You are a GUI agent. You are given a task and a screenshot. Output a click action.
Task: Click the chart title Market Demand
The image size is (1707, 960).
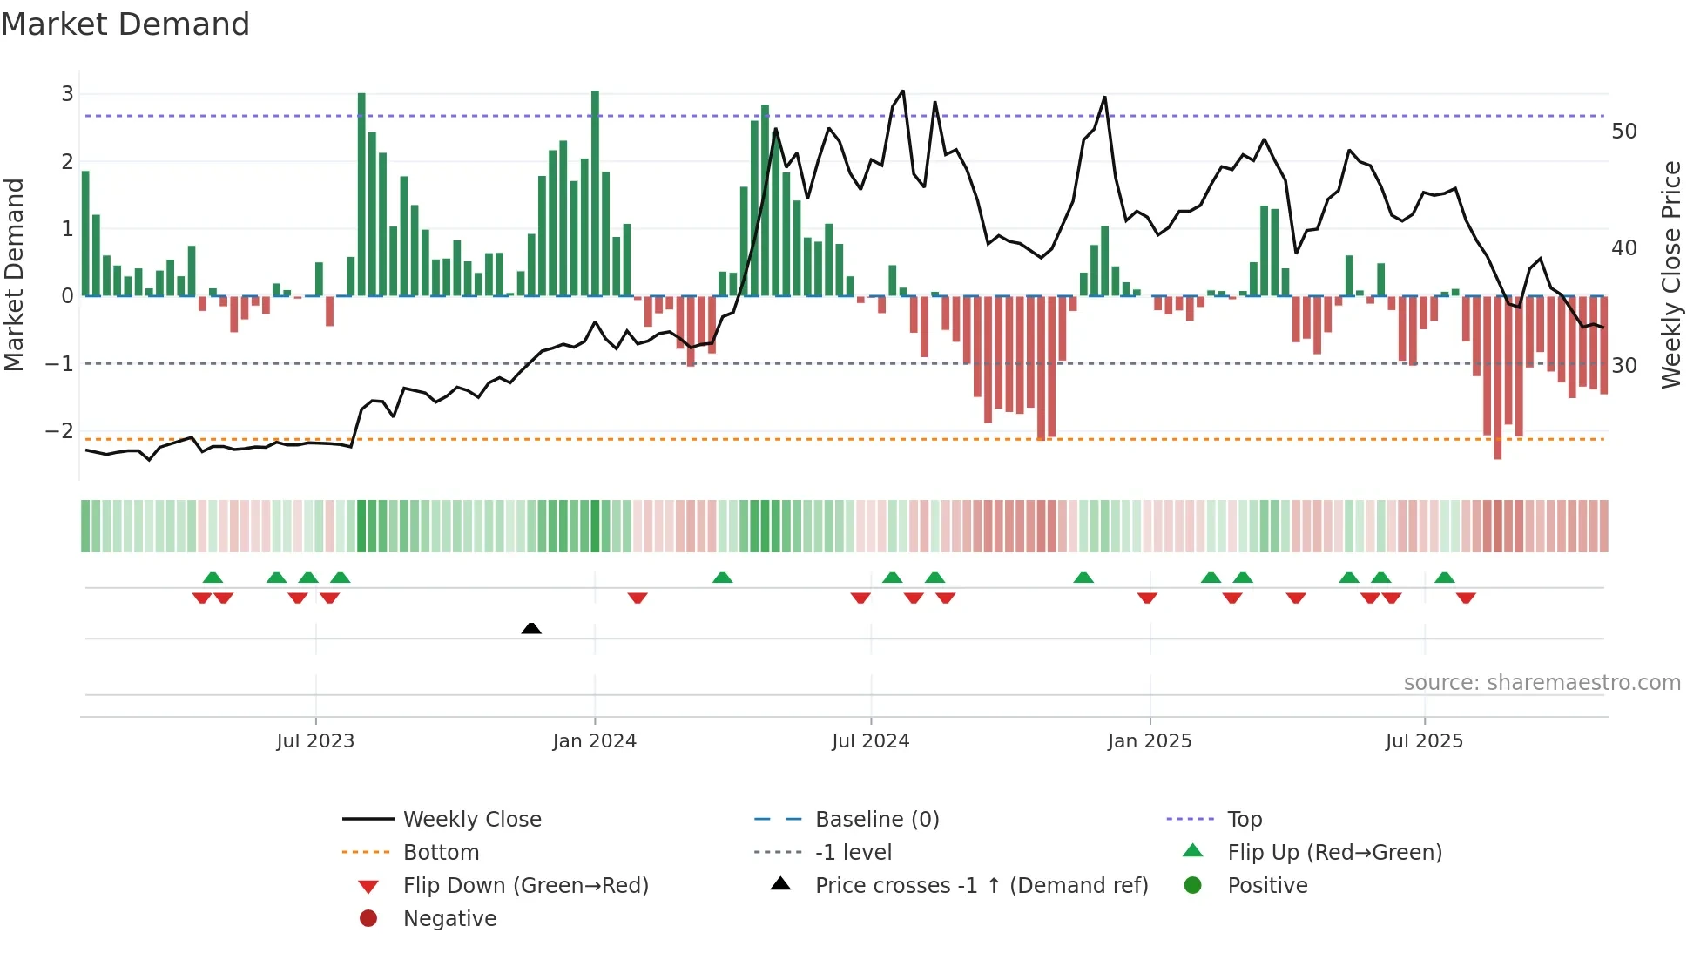coord(125,24)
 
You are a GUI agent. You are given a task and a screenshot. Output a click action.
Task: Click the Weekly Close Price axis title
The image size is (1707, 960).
coord(1670,274)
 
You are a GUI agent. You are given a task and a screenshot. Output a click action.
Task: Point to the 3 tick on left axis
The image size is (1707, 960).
coord(67,93)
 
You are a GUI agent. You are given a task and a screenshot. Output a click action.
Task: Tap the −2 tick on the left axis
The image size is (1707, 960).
coord(59,430)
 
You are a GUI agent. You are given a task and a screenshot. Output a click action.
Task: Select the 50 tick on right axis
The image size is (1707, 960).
coord(1624,132)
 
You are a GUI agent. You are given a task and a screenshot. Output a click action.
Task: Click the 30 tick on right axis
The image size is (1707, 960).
coord(1624,365)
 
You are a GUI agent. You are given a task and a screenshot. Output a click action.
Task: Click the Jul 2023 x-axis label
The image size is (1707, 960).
coord(315,741)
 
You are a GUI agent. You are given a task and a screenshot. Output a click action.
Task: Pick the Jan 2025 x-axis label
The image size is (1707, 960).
coord(1150,741)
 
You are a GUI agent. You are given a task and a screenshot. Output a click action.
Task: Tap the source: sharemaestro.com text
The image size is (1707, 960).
coord(1542,683)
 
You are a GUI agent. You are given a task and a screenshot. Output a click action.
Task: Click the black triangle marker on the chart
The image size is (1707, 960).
coord(531,628)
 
